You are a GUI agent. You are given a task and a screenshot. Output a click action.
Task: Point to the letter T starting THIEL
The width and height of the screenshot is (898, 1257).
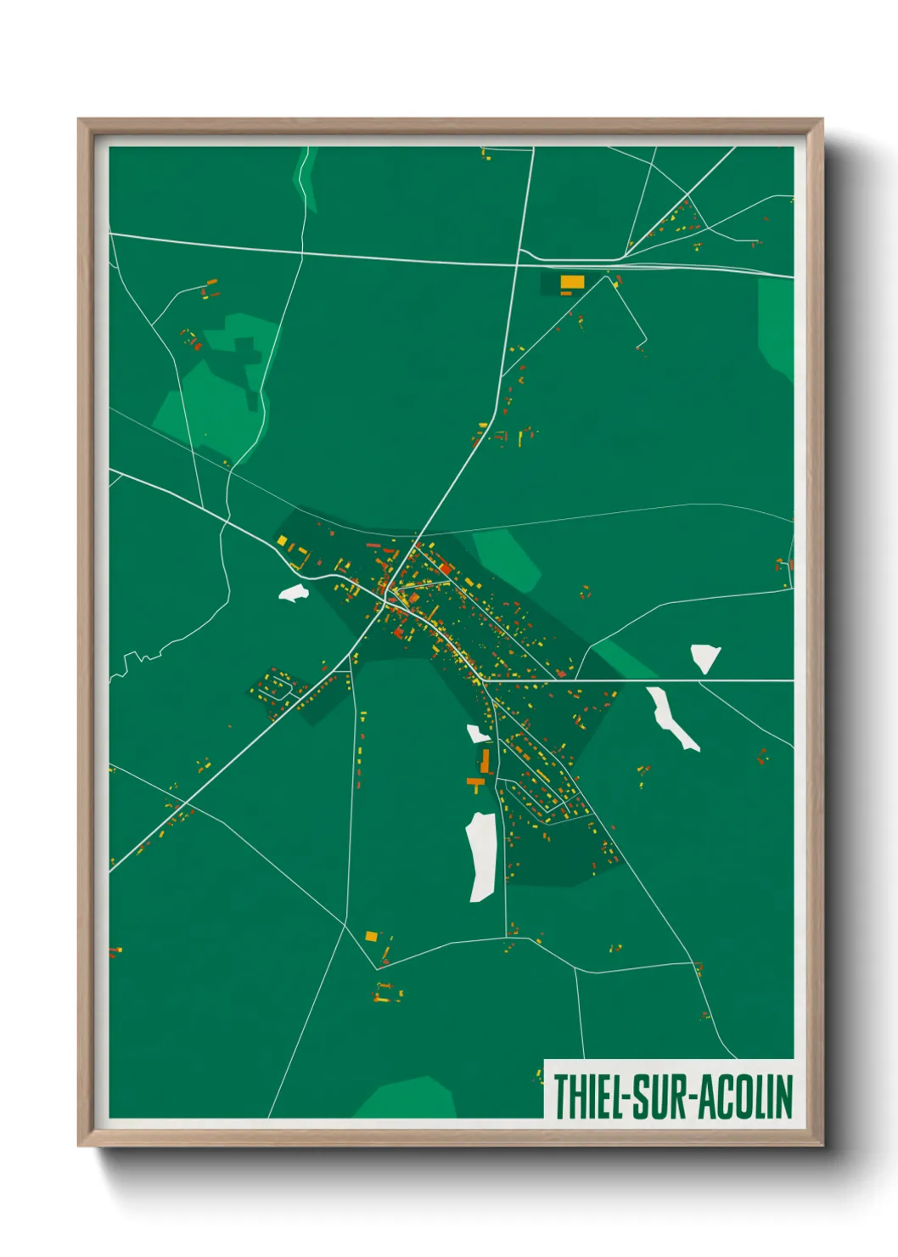pyautogui.click(x=561, y=1096)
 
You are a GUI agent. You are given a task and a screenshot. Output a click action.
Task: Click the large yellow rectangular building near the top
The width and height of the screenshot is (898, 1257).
pyautogui.click(x=572, y=281)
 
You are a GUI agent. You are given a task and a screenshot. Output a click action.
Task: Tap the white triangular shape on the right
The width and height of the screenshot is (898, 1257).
pyautogui.click(x=704, y=657)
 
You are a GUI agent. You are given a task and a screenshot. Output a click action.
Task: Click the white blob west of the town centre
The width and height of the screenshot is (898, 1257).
pyautogui.click(x=293, y=593)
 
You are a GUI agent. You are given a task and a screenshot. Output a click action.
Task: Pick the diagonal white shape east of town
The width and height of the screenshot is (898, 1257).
pyautogui.click(x=671, y=718)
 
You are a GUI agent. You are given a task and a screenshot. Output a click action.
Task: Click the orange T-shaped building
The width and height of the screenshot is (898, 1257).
pyautogui.click(x=475, y=781)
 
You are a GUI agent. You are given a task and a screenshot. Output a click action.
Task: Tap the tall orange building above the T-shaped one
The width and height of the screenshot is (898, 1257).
pyautogui.click(x=485, y=761)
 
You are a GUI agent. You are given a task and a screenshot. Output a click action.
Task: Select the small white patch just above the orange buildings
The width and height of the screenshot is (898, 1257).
pyautogui.click(x=477, y=734)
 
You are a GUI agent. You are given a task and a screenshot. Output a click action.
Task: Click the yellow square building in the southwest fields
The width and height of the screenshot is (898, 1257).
pyautogui.click(x=371, y=936)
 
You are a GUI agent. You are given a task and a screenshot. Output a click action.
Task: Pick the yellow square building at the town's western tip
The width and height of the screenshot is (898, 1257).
pyautogui.click(x=282, y=540)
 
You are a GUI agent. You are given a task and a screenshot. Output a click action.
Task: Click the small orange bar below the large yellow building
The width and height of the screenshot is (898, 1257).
pyautogui.click(x=565, y=293)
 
